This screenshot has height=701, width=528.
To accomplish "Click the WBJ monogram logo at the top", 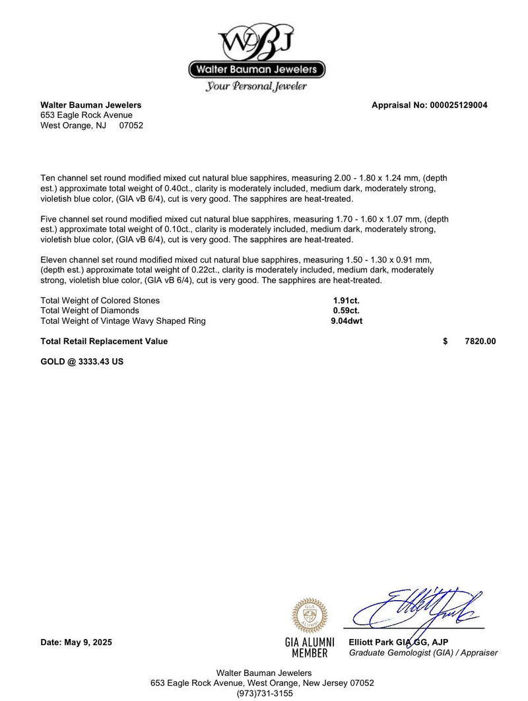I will pyautogui.click(x=256, y=41).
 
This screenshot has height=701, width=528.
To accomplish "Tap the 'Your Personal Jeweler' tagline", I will pyautogui.click(x=256, y=86).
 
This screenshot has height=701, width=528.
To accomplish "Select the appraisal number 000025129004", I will pyautogui.click(x=458, y=105).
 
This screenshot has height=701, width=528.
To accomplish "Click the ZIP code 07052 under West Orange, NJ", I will pyautogui.click(x=131, y=125).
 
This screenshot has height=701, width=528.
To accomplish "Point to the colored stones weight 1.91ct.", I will pyautogui.click(x=346, y=301).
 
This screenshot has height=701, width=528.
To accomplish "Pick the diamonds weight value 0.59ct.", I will pyautogui.click(x=346, y=311).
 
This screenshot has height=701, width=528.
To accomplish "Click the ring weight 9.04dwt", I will pyautogui.click(x=346, y=321).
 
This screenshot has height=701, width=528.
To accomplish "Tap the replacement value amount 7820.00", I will pyautogui.click(x=480, y=342).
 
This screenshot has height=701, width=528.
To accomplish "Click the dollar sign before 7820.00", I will pyautogui.click(x=445, y=342).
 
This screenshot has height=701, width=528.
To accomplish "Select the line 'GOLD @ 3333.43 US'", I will pyautogui.click(x=82, y=362).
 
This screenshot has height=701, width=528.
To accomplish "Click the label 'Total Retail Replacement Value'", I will pyautogui.click(x=104, y=342).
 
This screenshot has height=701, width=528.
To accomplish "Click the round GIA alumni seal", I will pyautogui.click(x=310, y=616).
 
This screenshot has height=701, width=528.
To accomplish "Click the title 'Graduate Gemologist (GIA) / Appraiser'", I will pyautogui.click(x=423, y=653).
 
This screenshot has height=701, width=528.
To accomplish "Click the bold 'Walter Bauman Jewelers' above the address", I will pyautogui.click(x=91, y=105).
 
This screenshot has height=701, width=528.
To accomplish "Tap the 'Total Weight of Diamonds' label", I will pyautogui.click(x=90, y=311).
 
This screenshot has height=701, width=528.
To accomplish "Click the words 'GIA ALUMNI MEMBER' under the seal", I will pyautogui.click(x=310, y=648).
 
